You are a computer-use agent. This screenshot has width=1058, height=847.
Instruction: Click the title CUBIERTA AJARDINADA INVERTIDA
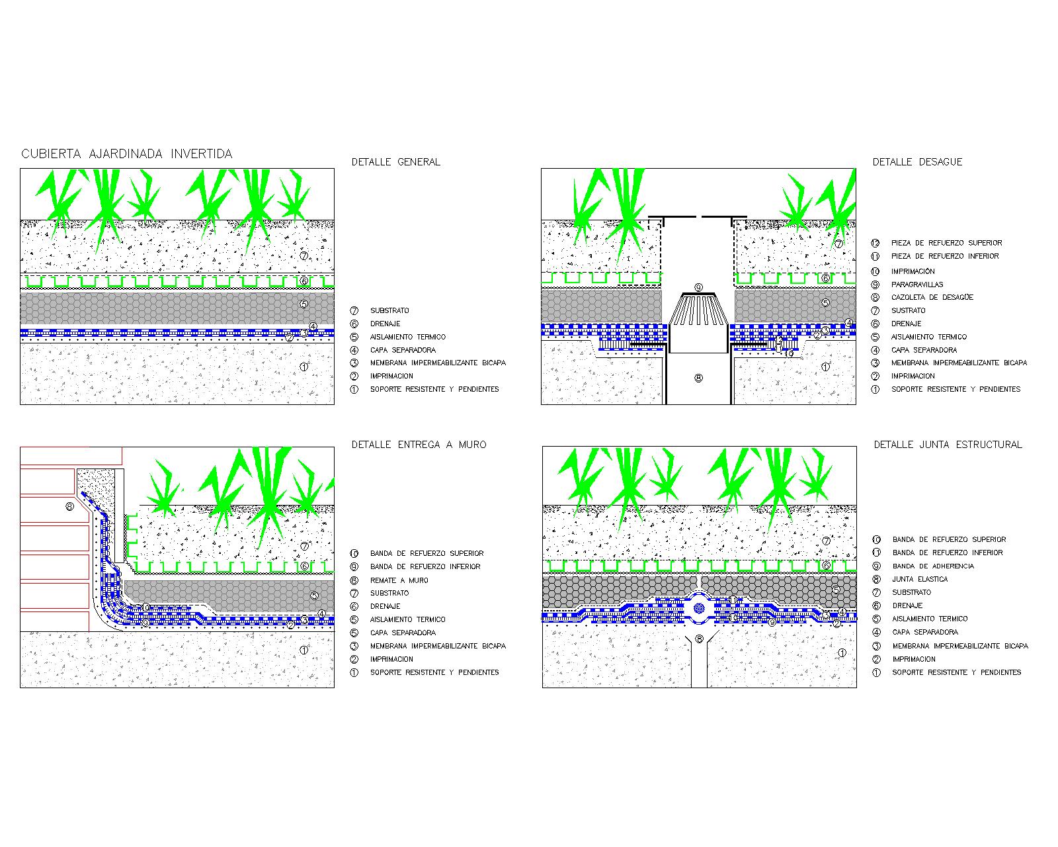(127, 154)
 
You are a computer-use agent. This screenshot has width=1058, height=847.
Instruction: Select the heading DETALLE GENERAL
(395, 161)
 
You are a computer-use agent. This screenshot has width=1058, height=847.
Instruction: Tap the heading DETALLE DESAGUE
(917, 161)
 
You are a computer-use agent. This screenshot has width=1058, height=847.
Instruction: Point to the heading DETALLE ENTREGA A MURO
(419, 445)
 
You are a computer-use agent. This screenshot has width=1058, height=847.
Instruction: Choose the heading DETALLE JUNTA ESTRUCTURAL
(948, 445)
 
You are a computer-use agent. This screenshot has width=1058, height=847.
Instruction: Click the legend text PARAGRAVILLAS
(916, 285)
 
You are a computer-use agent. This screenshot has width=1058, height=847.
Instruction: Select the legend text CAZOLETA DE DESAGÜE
(932, 297)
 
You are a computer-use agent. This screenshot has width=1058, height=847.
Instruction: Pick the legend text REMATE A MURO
(399, 580)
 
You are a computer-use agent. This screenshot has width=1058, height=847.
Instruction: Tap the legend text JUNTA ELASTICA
(920, 579)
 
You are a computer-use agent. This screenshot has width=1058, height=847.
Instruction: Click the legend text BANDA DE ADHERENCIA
(933, 566)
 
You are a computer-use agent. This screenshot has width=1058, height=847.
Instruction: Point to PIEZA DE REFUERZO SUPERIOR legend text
(946, 243)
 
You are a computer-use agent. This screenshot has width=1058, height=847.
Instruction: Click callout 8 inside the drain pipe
(699, 378)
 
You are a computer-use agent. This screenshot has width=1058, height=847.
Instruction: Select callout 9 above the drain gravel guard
(698, 287)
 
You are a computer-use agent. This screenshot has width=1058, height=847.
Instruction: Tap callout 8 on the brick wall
(69, 508)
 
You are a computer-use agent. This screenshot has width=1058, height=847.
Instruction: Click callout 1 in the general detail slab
(304, 367)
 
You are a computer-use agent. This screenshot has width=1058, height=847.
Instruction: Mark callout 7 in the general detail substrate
(304, 255)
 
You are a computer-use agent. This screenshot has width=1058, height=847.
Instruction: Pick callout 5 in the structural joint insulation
(835, 590)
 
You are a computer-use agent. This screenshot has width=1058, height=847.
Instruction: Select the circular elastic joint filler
(699, 607)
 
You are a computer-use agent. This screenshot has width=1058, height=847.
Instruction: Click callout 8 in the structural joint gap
(699, 639)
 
